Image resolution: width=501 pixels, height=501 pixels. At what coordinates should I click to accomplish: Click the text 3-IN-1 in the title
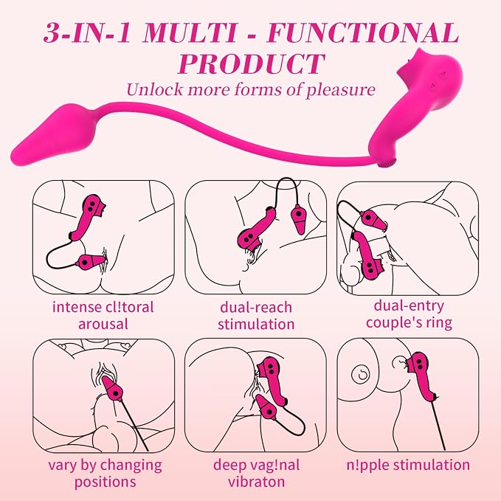coord(87,33)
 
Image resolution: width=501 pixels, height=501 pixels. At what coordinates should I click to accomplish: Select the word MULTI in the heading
coord(190,32)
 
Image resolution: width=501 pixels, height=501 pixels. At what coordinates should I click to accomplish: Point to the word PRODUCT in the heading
coord(251,63)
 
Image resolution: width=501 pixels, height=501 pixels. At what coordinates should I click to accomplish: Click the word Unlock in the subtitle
coord(155,89)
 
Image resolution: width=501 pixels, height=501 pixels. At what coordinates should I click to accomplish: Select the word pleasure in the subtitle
coord(341,91)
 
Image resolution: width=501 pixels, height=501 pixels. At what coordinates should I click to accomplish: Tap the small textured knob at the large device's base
coord(387,164)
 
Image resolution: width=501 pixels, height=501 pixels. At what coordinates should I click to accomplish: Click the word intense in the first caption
coord(76,307)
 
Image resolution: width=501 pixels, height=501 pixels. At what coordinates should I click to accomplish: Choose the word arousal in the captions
coord(103,325)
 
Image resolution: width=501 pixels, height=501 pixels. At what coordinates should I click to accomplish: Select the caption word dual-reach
coord(256,308)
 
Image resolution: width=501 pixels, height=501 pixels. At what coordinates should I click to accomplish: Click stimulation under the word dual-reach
coord(256,324)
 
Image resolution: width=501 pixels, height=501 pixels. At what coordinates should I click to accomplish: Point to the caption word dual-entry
coord(409,306)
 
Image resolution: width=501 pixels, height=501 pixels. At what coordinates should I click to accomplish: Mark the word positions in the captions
coord(105,482)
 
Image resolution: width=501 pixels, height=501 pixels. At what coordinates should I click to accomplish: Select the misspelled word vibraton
coord(256,482)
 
